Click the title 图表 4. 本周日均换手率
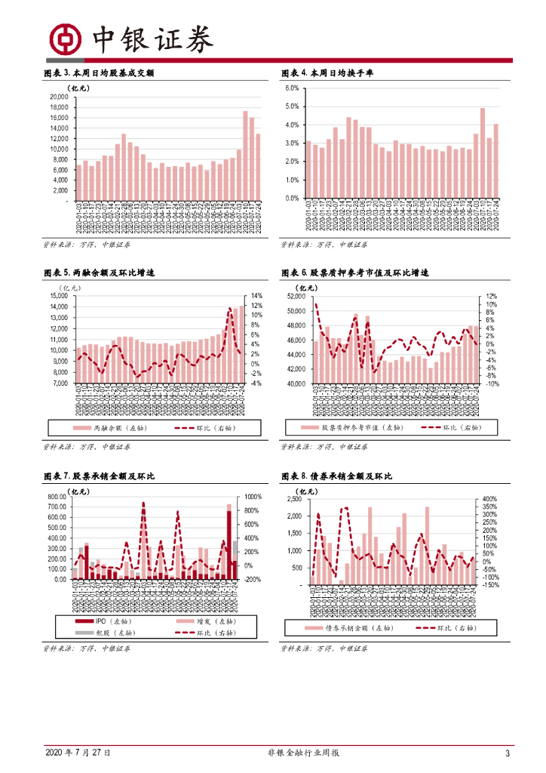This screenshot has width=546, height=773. coord(327,73)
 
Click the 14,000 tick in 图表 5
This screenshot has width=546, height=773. coord(58,296)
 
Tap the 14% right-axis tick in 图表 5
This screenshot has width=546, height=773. coord(256,296)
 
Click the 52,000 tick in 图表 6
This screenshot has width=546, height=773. coord(295,297)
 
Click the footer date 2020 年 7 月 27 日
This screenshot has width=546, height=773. coord(78,753)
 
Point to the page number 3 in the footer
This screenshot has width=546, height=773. coord(508,753)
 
